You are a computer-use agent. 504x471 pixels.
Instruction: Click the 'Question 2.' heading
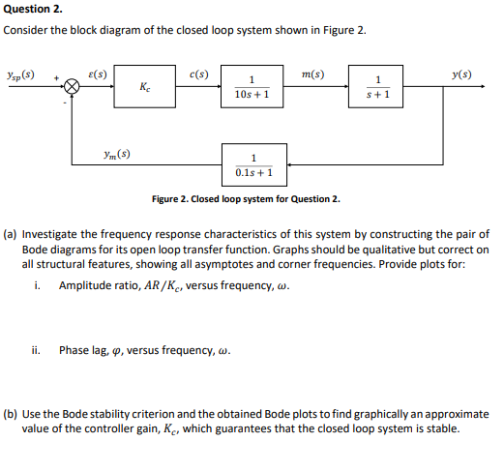click(34, 9)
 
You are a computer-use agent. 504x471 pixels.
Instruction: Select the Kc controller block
click(144, 87)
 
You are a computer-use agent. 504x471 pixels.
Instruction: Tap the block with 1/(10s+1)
click(251, 87)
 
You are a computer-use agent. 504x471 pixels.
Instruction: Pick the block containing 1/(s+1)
click(383, 87)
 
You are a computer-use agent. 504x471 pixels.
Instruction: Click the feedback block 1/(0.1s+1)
click(252, 165)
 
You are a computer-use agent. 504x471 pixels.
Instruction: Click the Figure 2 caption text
click(246, 199)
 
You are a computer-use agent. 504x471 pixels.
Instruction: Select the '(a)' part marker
click(11, 233)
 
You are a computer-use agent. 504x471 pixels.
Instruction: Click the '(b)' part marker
click(11, 413)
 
